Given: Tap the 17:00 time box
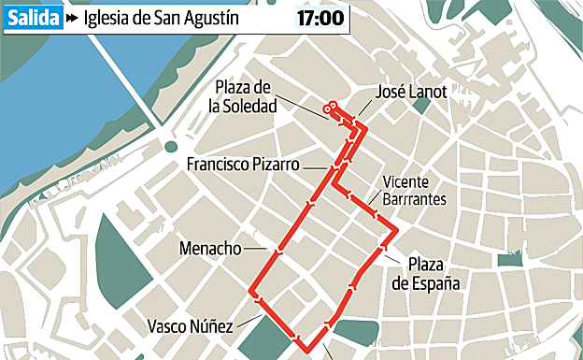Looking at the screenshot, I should [320, 17].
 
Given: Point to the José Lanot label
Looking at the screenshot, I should [410, 92].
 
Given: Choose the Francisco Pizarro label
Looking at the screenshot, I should [242, 165].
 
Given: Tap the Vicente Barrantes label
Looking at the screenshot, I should [408, 191].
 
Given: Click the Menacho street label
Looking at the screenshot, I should [210, 249].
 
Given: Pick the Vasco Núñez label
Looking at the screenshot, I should [190, 326].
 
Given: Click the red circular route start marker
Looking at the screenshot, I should [328, 109].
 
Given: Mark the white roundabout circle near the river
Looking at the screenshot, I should [169, 146].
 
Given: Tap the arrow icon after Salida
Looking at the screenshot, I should [73, 17].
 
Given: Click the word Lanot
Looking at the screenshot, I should [429, 92].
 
